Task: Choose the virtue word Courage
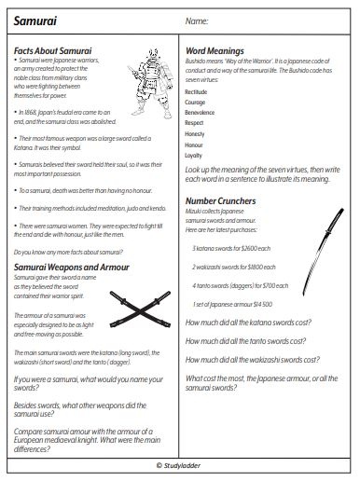coord(197,108)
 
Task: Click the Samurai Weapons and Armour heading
coord(70,268)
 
